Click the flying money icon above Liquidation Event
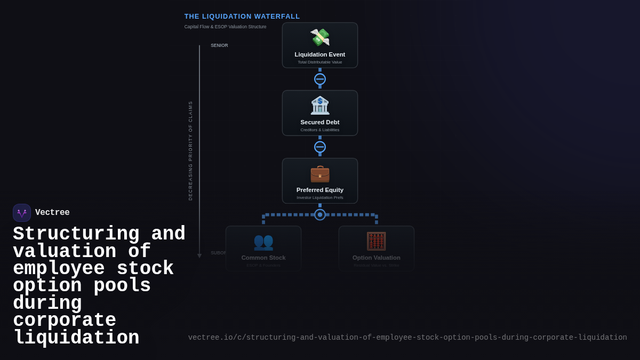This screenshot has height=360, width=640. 320,37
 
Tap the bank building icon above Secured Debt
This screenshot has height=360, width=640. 320,105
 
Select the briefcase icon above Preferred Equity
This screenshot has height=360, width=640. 320,173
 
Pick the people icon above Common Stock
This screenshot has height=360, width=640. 263,242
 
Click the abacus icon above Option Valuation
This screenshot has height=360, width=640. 376,241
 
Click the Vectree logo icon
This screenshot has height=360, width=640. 22,213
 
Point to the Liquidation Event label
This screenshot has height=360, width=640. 320,54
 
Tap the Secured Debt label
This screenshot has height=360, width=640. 320,122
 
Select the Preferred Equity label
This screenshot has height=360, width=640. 320,190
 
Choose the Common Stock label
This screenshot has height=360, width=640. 263,258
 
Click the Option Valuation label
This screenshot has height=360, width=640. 376,258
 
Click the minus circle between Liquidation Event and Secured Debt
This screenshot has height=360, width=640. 320,79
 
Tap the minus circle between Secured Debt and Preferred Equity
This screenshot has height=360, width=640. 320,147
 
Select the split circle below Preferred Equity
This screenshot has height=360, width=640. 320,214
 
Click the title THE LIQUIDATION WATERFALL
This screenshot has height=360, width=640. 242,17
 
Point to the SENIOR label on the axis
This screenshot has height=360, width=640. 219,45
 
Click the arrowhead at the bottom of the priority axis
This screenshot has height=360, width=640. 199,256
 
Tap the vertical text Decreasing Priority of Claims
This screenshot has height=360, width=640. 190,150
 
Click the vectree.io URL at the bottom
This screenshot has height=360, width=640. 407,338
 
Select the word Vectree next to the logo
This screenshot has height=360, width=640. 52,212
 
